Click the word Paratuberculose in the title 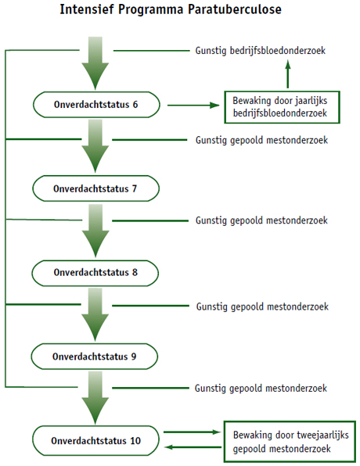tap(235, 9)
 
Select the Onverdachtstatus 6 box tap(96, 105)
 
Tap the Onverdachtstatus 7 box tap(95, 188)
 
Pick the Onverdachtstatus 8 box tap(95, 273)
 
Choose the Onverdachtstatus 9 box tap(95, 357)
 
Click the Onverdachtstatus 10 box tap(95, 440)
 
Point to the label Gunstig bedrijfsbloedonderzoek tap(261, 51)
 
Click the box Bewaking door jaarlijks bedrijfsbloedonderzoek tap(282, 107)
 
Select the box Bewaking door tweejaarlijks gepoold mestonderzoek tap(290, 442)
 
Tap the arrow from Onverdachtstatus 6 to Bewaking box tap(193, 105)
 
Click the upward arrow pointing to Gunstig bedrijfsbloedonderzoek tap(288, 74)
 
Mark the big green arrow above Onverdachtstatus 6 tap(95, 63)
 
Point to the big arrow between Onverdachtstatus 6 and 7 tap(95, 146)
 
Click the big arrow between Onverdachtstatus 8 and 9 tap(95, 315)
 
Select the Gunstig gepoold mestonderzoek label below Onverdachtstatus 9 tap(261, 389)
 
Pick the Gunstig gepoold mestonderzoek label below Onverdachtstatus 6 tap(262, 140)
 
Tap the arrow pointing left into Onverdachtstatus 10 tap(193, 447)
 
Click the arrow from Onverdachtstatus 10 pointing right tap(193, 432)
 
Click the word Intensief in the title tap(87, 9)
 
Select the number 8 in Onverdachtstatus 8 tap(135, 273)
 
